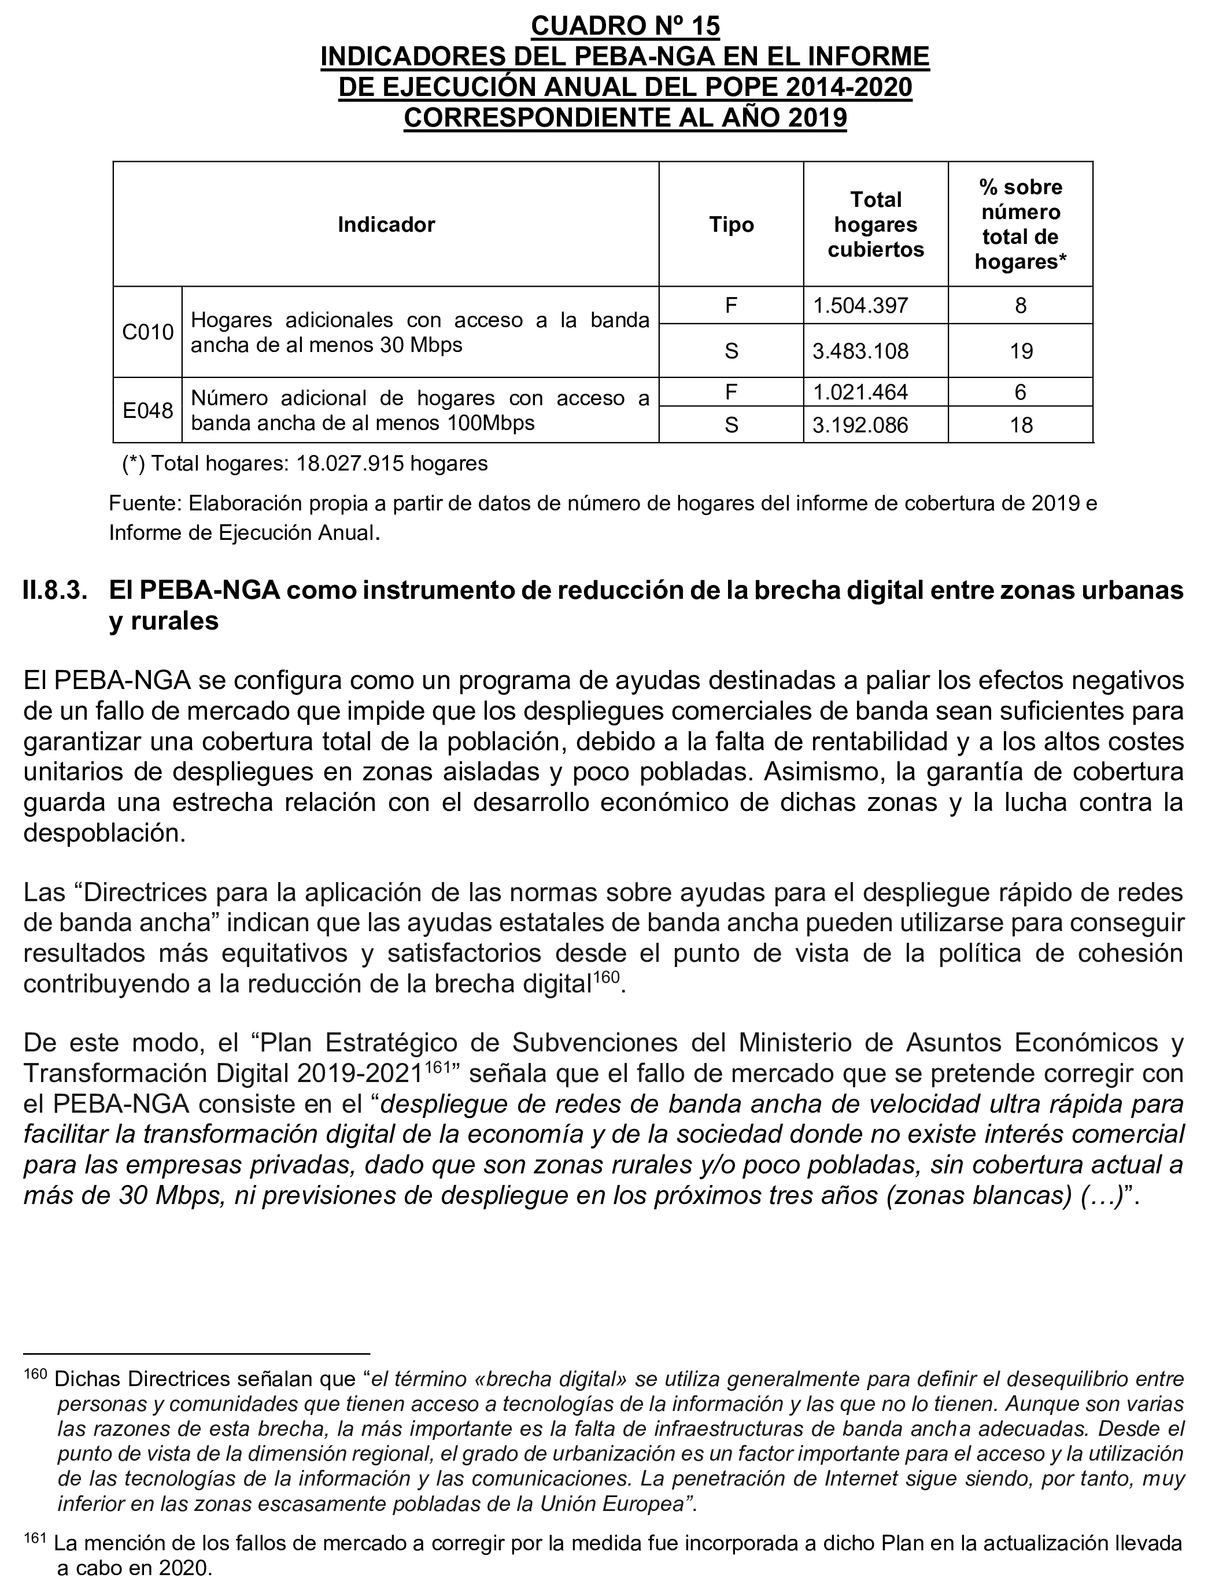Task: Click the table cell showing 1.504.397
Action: pos(860,306)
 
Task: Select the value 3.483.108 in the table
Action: pos(860,351)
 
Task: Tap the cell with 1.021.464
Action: pos(860,392)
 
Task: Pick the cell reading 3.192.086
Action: pos(860,425)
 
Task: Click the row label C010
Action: pos(148,332)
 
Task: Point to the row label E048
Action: pos(148,410)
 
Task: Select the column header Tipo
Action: pos(732,225)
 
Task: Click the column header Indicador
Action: pos(386,225)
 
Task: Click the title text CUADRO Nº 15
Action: pos(625,26)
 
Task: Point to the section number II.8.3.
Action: pos(56,591)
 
